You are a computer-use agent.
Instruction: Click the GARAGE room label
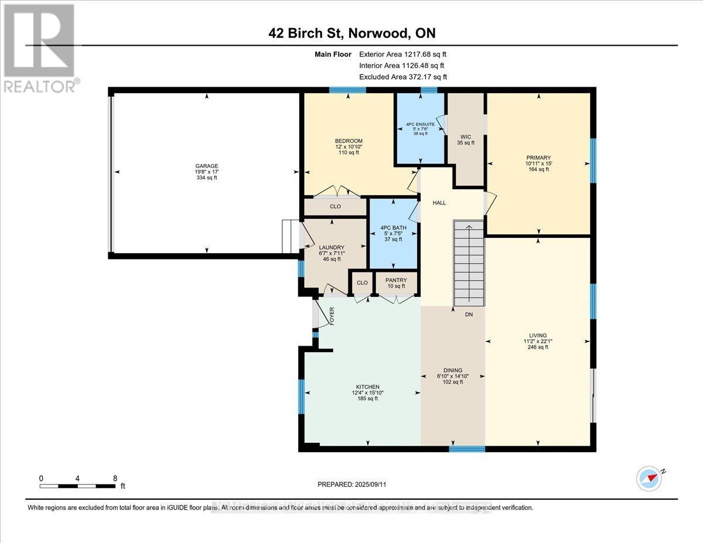click(206, 166)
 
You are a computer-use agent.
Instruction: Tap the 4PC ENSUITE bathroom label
click(420, 124)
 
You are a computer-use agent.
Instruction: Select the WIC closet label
click(466, 137)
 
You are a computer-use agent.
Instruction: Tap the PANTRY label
click(396, 281)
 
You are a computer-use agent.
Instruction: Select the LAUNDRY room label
click(332, 247)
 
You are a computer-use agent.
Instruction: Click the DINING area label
click(453, 370)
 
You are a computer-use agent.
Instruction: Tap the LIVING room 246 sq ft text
click(538, 347)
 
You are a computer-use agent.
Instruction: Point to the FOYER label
click(332, 316)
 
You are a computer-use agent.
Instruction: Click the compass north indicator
click(650, 478)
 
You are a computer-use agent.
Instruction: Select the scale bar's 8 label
click(115, 478)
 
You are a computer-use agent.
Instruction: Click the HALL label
click(439, 203)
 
